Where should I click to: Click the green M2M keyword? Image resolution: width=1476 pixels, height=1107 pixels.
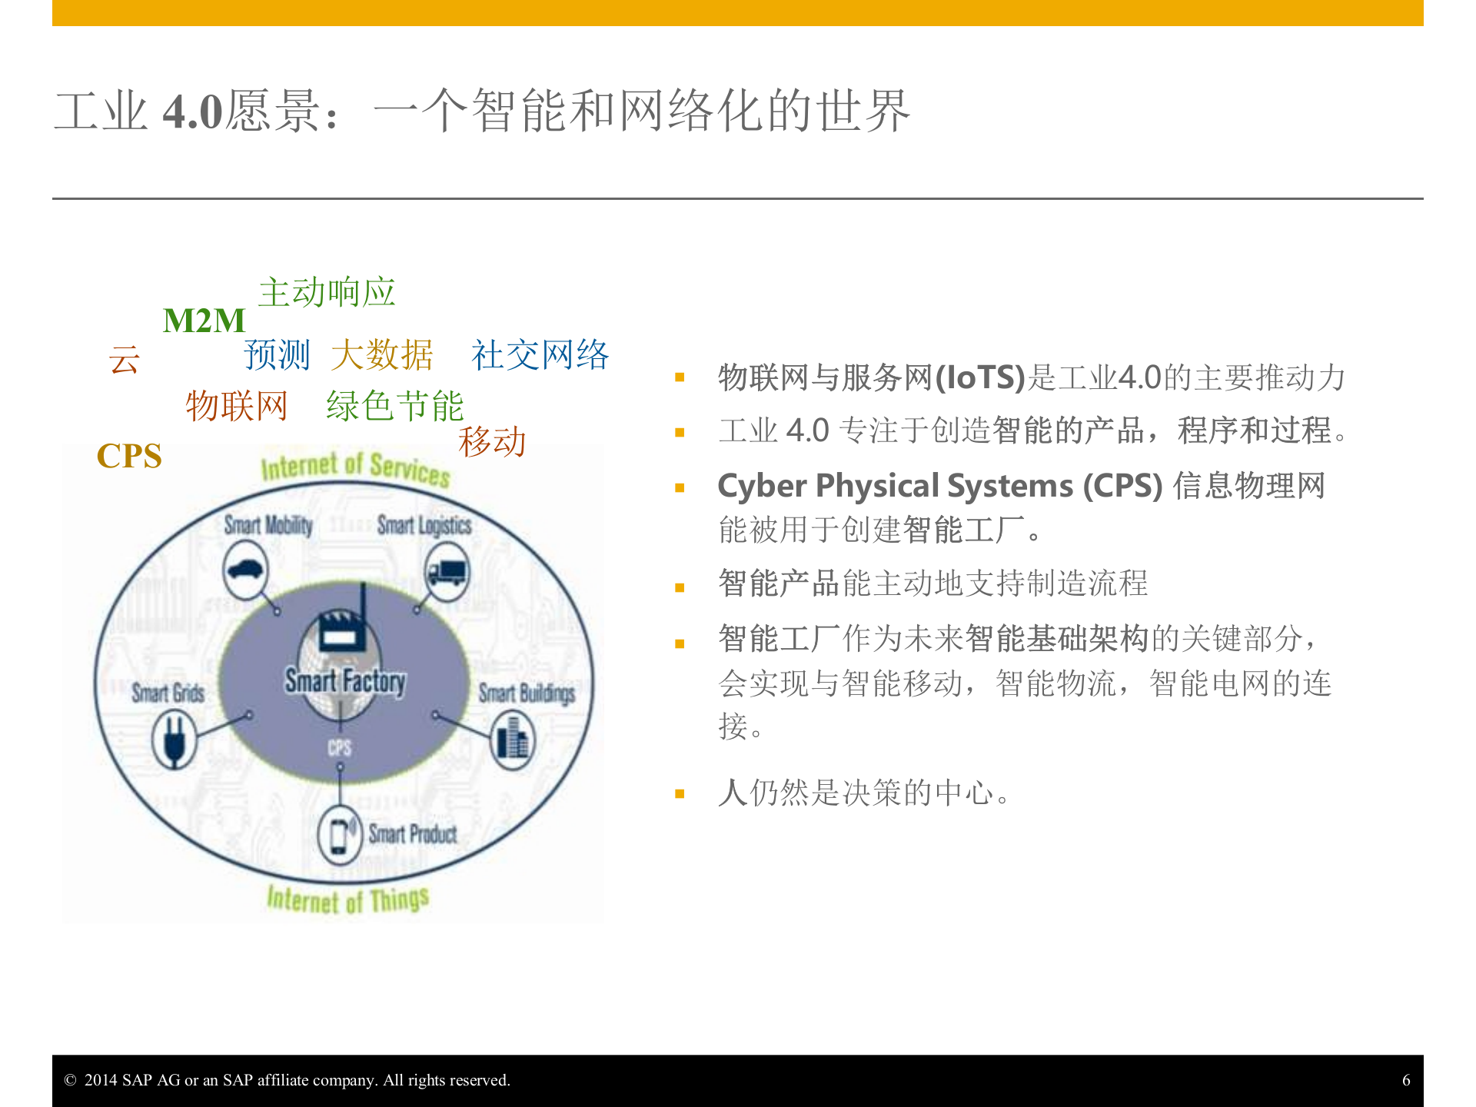coord(204,321)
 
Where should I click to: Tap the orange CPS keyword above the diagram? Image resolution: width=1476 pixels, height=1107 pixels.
coord(129,457)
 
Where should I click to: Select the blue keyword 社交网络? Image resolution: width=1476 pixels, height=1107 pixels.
coord(540,355)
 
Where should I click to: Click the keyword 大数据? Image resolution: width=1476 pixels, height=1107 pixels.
coord(382,355)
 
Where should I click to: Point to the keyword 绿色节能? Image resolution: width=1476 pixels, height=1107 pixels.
coord(394,406)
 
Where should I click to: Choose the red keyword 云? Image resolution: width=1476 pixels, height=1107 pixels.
coord(124,360)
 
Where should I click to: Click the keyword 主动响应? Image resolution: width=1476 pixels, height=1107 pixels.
coord(327,293)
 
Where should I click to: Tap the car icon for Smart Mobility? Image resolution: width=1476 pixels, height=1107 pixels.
coord(245,570)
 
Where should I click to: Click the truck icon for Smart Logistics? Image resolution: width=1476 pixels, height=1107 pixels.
coord(446,572)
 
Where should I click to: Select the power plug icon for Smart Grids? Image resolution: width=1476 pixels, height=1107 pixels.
coord(175,739)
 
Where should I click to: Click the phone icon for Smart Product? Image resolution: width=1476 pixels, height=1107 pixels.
coord(339,835)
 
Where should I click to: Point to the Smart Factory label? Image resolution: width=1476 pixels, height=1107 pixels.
coord(345,681)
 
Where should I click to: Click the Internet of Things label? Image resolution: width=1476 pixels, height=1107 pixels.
coord(347,899)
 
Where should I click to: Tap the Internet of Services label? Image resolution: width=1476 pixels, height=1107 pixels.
coord(355,467)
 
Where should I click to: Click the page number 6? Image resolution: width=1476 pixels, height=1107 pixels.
coord(1406,1080)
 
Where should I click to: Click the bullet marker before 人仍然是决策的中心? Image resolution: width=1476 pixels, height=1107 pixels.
coord(680,794)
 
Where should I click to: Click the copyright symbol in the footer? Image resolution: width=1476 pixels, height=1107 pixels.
coord(70,1080)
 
